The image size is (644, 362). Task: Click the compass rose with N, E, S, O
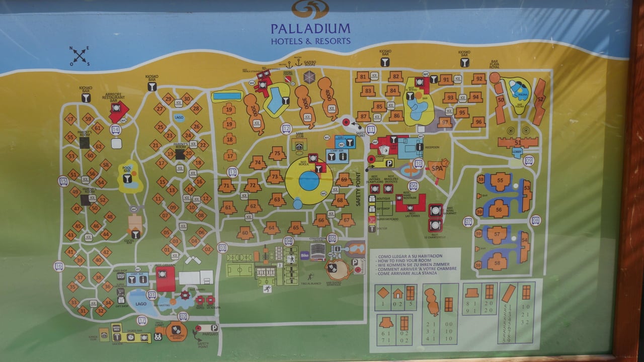point(80,55)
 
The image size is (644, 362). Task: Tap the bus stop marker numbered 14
point(116,129)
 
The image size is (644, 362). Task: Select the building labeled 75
point(277,153)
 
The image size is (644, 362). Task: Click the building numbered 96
point(478,121)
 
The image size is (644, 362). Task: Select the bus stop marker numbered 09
point(528,160)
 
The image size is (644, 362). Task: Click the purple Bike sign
point(305,255)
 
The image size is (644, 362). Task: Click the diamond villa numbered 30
point(187,98)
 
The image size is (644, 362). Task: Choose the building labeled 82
point(395,76)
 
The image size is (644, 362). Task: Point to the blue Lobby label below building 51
point(517,150)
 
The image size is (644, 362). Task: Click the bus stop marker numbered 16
point(59,266)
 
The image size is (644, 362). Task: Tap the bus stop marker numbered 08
point(536,220)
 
